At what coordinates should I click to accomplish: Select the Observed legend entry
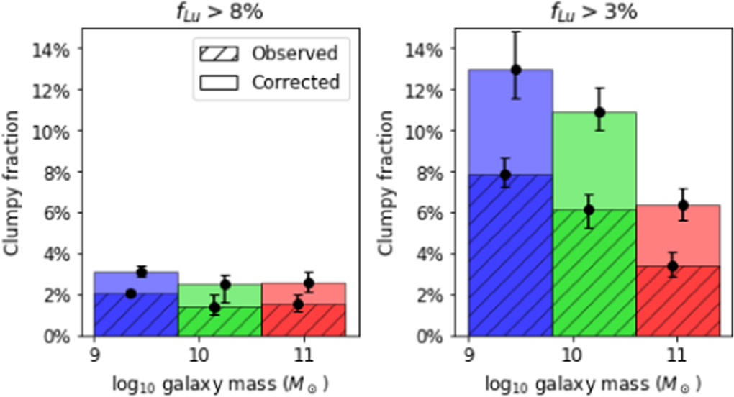click(294, 53)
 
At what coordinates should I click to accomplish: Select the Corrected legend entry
click(295, 82)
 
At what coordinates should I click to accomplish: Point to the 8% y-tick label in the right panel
click(428, 172)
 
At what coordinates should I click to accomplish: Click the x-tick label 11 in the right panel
click(675, 354)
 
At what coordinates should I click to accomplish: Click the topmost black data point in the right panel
click(516, 70)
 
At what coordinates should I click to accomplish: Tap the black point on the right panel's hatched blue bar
click(506, 175)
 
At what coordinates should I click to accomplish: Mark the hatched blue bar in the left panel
click(137, 316)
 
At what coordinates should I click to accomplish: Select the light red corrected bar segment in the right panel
click(678, 234)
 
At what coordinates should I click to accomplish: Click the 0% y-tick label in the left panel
click(58, 336)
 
